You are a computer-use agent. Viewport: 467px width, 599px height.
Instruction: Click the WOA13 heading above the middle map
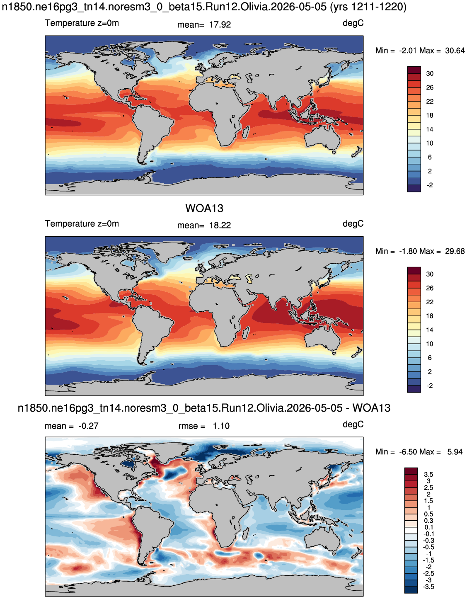pos(204,209)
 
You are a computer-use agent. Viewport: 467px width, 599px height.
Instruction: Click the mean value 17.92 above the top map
pos(220,25)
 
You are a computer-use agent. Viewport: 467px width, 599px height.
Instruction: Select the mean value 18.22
pos(220,226)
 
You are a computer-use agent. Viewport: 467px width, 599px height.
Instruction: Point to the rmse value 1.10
pos(221,426)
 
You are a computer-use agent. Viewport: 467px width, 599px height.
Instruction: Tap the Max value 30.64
pos(455,51)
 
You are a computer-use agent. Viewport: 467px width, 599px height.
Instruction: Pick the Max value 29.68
pos(455,251)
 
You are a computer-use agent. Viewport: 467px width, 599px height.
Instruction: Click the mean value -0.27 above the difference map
pos(88,426)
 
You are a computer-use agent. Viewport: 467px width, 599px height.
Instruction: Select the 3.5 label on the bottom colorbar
pos(428,474)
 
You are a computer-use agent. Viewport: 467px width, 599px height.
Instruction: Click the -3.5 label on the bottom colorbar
pos(428,587)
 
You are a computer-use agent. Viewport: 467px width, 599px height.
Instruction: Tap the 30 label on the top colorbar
pos(430,74)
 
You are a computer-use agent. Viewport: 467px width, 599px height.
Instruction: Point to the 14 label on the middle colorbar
pos(430,330)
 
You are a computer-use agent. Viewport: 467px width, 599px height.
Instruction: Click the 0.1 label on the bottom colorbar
pos(429,527)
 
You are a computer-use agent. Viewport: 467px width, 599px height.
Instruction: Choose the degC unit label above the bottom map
pos(353,424)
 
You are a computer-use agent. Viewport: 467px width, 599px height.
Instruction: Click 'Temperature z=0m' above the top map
pos(82,23)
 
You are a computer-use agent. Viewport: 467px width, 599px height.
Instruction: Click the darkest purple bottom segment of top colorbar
pos(414,189)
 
